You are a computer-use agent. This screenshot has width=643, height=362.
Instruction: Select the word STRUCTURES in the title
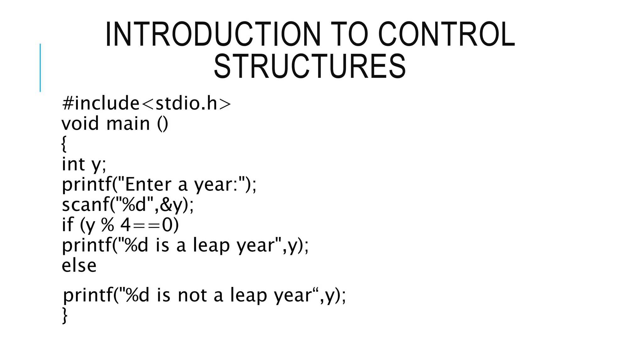[x=310, y=67]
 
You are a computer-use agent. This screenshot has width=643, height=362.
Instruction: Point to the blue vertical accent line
[x=40, y=68]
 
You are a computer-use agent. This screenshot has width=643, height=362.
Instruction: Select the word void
[x=80, y=123]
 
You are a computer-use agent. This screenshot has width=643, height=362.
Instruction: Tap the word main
[x=128, y=123]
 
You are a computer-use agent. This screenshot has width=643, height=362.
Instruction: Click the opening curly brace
[x=64, y=144]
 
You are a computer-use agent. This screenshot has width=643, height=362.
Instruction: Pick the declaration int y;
[x=84, y=164]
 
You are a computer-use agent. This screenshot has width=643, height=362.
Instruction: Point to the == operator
[x=148, y=225]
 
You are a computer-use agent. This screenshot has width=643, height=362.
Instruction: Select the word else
[x=79, y=266]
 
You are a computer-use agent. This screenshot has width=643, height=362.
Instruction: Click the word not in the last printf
[x=192, y=295]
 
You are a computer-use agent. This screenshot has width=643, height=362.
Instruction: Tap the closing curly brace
[x=65, y=315]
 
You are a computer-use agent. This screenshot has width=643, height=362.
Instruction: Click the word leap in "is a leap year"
[x=211, y=245]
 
